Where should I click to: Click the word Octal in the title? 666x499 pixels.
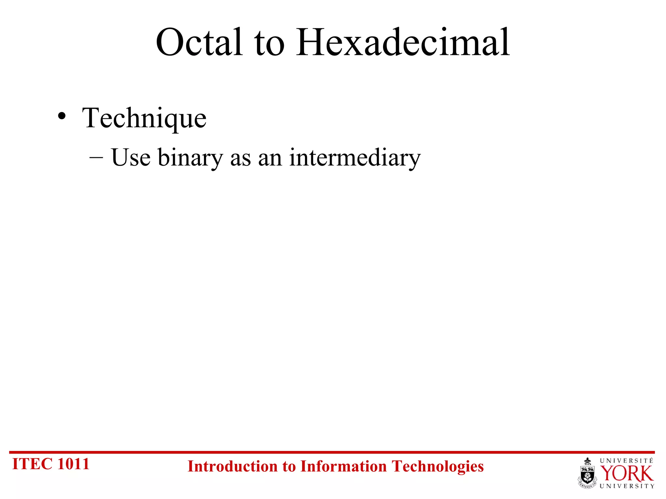pyautogui.click(x=199, y=43)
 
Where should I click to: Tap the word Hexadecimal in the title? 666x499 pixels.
pyautogui.click(x=403, y=43)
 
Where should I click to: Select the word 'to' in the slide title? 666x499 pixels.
pyautogui.click(x=269, y=45)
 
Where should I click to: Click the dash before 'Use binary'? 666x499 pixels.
pyautogui.click(x=96, y=157)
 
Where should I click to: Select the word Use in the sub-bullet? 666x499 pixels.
pyautogui.click(x=131, y=158)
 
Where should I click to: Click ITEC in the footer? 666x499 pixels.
pyautogui.click(x=32, y=464)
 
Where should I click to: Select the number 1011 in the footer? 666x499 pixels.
pyautogui.click(x=73, y=464)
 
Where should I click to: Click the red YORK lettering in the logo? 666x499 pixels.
pyautogui.click(x=626, y=474)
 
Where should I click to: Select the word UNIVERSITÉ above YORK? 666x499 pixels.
pyautogui.click(x=626, y=461)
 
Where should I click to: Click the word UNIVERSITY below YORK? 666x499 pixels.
pyautogui.click(x=627, y=486)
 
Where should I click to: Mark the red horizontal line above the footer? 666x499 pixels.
pyautogui.click(x=332, y=452)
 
